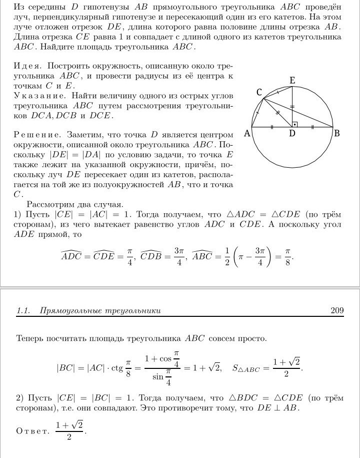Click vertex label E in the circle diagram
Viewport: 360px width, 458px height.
point(292,80)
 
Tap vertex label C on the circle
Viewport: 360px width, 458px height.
point(259,92)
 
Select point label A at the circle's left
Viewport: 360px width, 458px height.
point(246,133)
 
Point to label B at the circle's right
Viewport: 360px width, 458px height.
point(337,133)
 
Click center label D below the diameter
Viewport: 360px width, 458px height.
point(292,134)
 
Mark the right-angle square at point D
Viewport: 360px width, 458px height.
point(295,123)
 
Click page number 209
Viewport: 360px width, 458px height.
point(337,311)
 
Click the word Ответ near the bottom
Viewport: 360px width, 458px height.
point(33,430)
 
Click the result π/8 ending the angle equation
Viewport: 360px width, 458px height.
point(287,257)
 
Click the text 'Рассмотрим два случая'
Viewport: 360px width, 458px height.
point(74,204)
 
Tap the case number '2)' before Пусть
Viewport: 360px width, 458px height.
point(20,398)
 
